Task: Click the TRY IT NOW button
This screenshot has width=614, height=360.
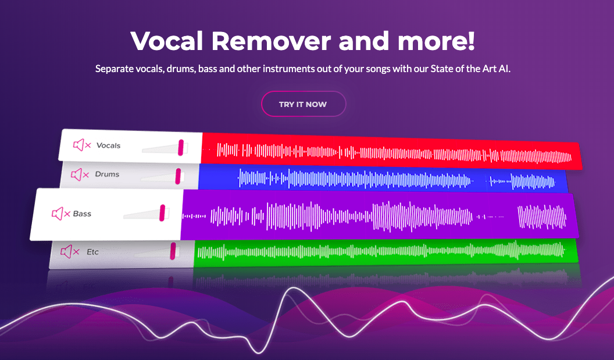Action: [x=304, y=104]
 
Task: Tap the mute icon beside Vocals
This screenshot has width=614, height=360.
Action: [x=82, y=145]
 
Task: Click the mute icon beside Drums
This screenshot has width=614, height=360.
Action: [x=80, y=174]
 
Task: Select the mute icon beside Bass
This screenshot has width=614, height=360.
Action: [x=61, y=213]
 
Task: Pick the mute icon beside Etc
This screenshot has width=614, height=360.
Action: [x=70, y=251]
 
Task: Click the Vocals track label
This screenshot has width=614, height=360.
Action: [x=109, y=145]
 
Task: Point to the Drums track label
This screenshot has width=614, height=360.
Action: [x=107, y=174]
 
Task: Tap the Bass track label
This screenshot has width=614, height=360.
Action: [x=82, y=213]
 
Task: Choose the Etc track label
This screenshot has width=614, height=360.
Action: [x=93, y=252]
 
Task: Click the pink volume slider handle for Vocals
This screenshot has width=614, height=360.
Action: [x=180, y=147]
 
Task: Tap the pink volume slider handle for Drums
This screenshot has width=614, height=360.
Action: [x=178, y=176]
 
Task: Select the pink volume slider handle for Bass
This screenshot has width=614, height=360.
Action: [x=162, y=213]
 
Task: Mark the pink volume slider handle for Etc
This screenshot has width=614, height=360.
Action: [x=173, y=251]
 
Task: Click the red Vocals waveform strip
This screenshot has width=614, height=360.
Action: [x=391, y=151]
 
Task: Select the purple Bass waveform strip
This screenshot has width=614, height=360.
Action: [x=379, y=215]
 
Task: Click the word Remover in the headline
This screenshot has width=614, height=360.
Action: [x=272, y=41]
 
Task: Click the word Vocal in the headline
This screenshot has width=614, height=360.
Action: [x=167, y=41]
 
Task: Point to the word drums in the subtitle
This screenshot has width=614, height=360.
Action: [x=181, y=69]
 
